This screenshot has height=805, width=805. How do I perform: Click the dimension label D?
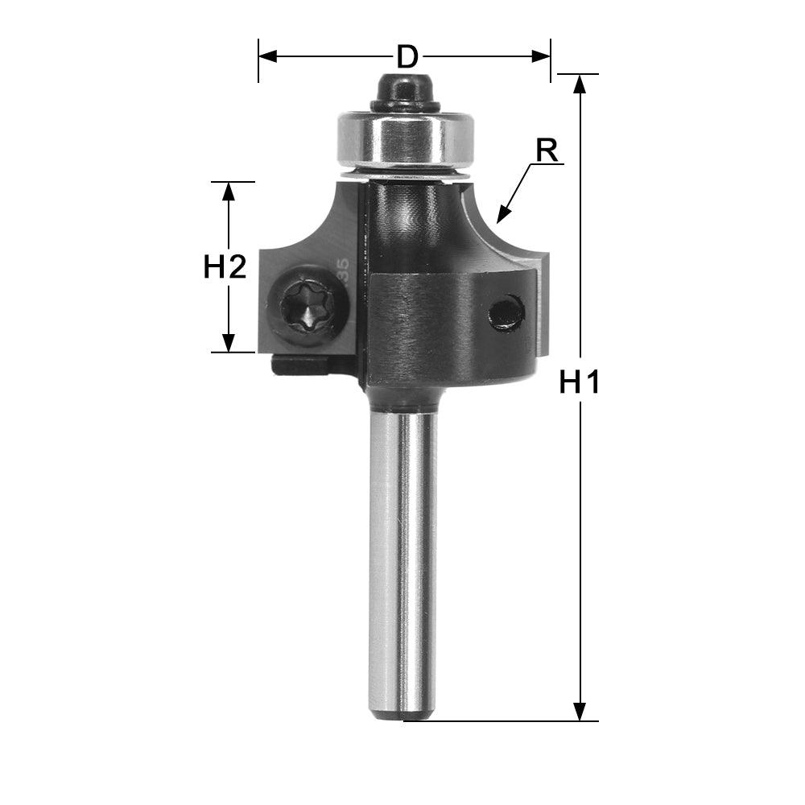[408, 57]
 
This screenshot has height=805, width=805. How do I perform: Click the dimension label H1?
[580, 384]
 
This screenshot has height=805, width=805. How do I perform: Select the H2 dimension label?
[225, 266]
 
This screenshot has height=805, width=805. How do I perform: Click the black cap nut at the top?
[404, 90]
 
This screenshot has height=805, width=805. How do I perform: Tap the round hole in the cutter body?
[507, 312]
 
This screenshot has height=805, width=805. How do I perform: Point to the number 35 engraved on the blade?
[344, 269]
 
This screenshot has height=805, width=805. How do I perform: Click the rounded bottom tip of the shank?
[402, 713]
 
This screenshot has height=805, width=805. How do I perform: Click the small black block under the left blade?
[299, 365]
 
